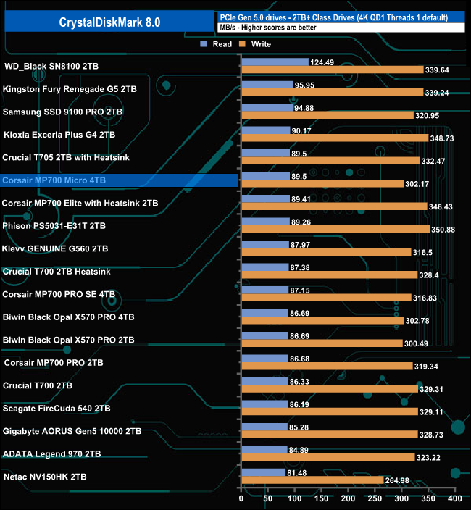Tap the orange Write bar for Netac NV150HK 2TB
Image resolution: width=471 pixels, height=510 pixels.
pyautogui.click(x=312, y=480)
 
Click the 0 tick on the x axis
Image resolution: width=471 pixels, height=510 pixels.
pyautogui.click(x=241, y=499)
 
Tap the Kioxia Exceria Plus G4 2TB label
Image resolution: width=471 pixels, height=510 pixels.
pyautogui.click(x=59, y=135)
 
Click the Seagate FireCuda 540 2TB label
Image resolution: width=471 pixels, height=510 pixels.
pyautogui.click(x=57, y=409)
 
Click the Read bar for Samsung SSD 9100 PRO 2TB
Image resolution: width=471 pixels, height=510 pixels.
pyautogui.click(x=267, y=108)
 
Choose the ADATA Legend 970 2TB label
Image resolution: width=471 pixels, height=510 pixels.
pyautogui.click(x=52, y=454)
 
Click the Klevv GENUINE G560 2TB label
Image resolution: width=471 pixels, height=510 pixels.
pyautogui.click(x=56, y=248)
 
